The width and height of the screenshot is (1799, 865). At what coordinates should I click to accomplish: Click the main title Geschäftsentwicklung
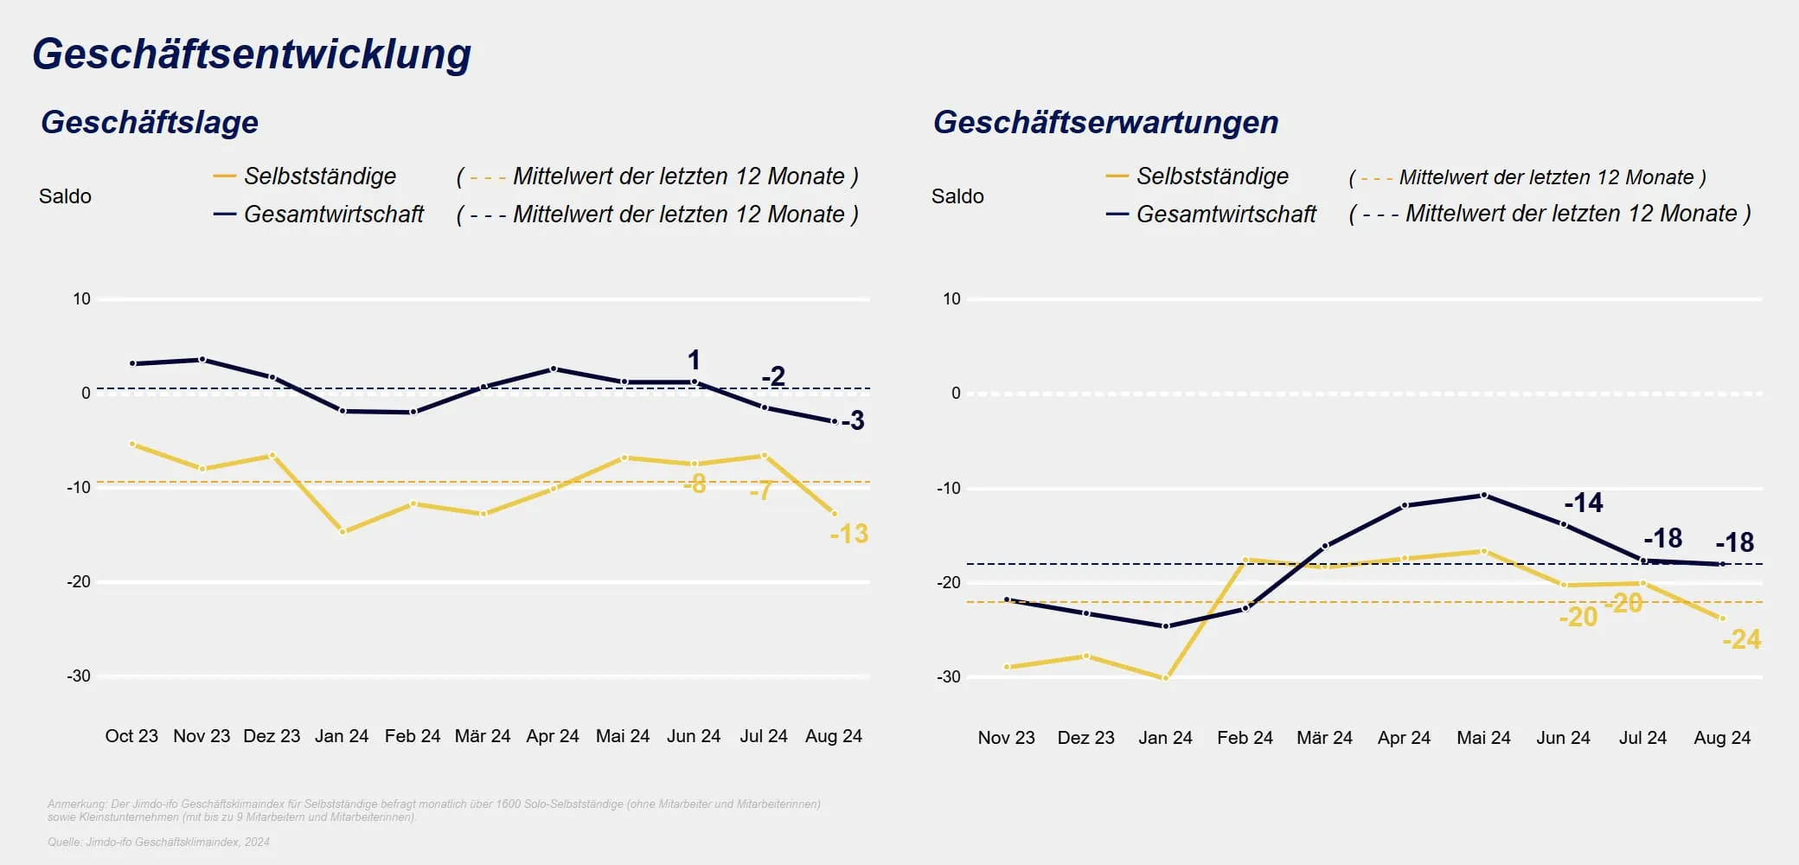point(252,54)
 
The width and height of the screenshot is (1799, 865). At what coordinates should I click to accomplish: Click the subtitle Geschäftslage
point(150,122)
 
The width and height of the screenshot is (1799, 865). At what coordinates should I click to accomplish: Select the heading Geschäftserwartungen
point(1105,122)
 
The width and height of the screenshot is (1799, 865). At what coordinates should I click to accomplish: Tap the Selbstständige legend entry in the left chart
point(319,176)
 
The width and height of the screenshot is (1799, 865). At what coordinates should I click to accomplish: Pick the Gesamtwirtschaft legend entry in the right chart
point(1226,215)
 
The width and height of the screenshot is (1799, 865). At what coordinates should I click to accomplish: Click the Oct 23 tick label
point(131,736)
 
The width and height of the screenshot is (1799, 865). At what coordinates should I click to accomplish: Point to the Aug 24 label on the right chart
point(1721,738)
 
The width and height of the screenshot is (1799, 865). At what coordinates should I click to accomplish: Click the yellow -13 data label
point(848,534)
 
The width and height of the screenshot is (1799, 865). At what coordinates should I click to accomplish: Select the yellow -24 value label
point(1741,640)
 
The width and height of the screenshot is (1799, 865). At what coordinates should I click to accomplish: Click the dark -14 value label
point(1583,503)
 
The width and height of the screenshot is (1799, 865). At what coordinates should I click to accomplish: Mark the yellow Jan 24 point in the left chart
point(343,532)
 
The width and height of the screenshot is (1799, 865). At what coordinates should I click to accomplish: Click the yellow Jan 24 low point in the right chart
point(1165,678)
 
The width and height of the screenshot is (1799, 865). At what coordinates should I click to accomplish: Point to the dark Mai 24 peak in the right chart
point(1483,495)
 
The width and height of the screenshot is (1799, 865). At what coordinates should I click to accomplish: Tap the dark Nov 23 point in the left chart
point(202,359)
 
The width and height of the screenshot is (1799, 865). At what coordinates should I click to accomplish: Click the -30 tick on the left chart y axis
point(79,676)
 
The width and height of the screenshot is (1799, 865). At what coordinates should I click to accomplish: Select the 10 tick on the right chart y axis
point(951,299)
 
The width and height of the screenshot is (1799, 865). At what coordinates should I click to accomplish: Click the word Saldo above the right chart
point(957,196)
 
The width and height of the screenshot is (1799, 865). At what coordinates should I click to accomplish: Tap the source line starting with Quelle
point(158,842)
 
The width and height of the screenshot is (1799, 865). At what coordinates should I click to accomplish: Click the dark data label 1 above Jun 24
point(694,360)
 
